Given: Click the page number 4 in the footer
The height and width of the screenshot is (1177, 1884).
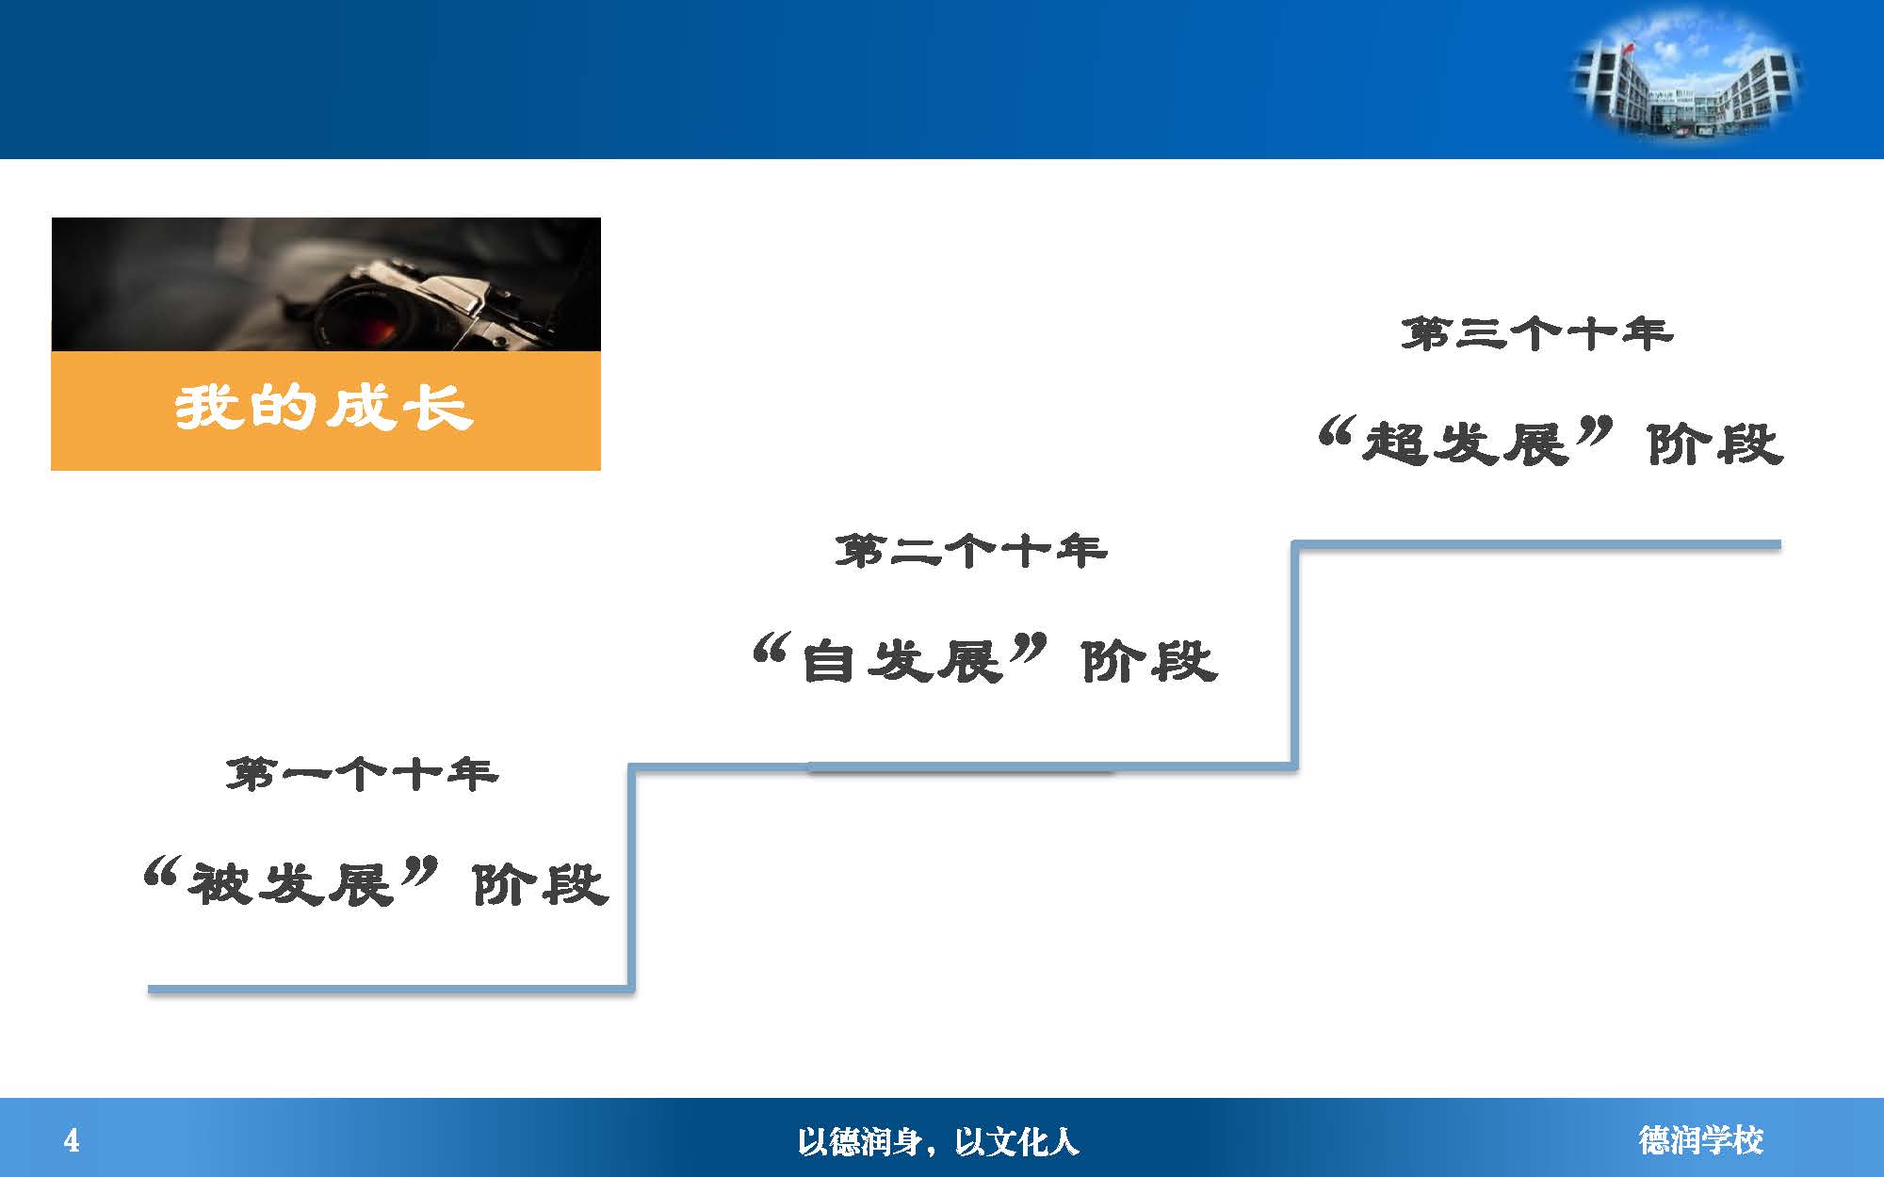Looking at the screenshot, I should pyautogui.click(x=72, y=1141).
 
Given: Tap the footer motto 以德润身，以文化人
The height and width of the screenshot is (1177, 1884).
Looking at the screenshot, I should pyautogui.click(x=937, y=1142).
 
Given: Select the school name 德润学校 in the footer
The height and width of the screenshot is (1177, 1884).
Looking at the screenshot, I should pyautogui.click(x=1700, y=1141).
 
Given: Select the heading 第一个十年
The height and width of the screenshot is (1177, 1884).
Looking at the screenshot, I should pyautogui.click(x=362, y=775).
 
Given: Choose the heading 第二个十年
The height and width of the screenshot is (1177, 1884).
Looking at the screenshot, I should pyautogui.click(x=970, y=551).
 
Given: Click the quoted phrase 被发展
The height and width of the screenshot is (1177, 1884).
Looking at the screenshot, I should pyautogui.click(x=290, y=884).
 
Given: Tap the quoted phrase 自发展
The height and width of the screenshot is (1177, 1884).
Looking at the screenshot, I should pyautogui.click(x=901, y=660).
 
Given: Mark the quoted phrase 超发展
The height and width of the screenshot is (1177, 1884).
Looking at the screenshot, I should pyautogui.click(x=1466, y=443).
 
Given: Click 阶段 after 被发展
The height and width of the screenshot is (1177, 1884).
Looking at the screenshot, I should pyautogui.click(x=540, y=884).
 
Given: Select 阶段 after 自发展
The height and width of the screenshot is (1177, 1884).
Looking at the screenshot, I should pyautogui.click(x=1149, y=660).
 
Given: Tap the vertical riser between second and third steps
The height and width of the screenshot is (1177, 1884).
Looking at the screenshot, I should pyautogui.click(x=1295, y=654).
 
